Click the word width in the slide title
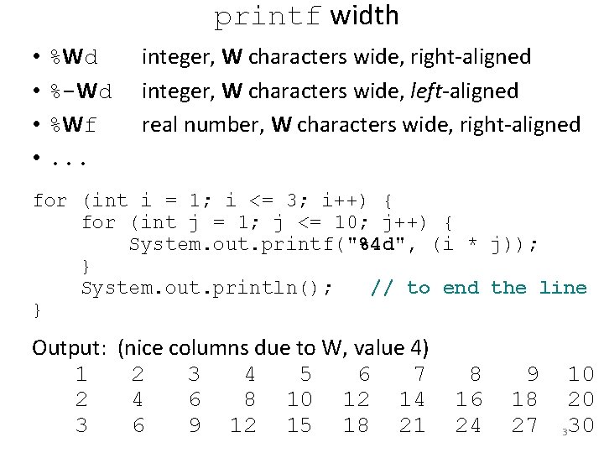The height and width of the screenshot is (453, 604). coord(365,16)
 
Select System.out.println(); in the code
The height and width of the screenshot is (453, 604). coord(206,288)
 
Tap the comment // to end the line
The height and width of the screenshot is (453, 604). coord(478,288)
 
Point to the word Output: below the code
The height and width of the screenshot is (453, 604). coord(70,347)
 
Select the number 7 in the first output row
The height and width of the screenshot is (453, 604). coord(419,373)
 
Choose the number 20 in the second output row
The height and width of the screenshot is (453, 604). coord(581,399)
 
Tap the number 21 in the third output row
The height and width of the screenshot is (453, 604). coord(412,425)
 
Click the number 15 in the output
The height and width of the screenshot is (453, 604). coord(299,425)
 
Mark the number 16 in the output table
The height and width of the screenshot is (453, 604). coord(468,399)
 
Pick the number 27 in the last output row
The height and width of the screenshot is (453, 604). coord(524,425)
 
